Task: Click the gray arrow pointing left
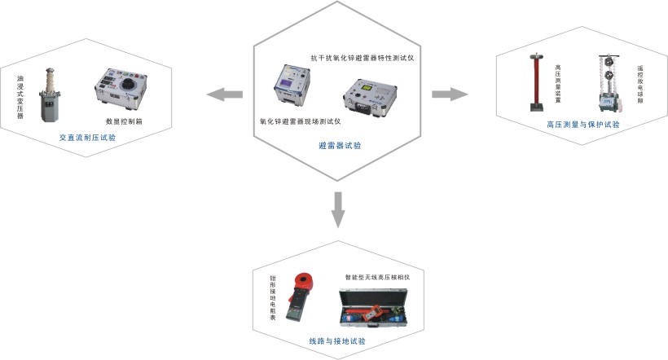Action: point(225,95)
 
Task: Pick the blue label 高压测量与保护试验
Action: point(583,125)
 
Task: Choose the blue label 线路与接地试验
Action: point(336,340)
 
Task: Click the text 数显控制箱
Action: point(124,121)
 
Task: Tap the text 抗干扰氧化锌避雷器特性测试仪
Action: point(363,59)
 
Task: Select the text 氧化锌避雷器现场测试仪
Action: point(300,121)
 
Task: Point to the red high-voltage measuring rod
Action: point(534,83)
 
